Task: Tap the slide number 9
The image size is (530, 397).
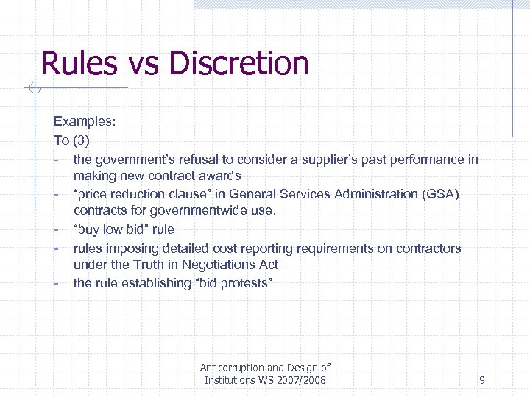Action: point(481,380)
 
